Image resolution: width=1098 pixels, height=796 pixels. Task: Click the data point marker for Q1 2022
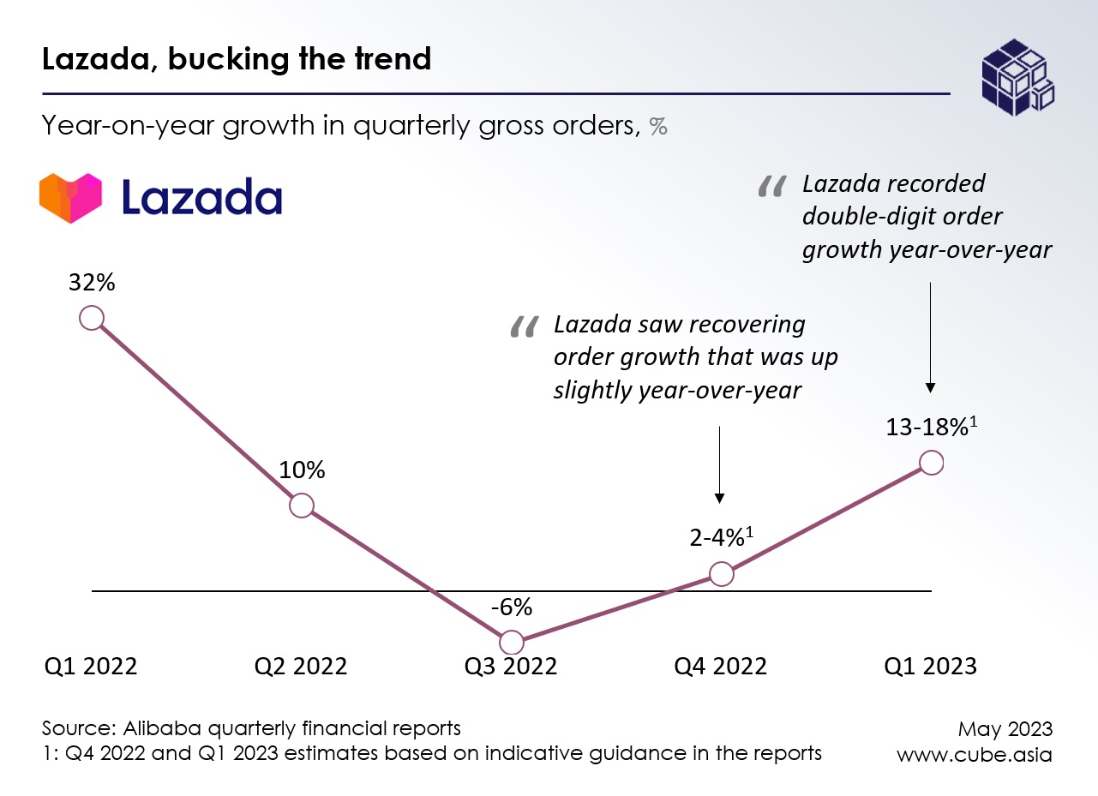(x=92, y=318)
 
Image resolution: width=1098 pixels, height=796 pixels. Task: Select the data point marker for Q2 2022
(x=301, y=506)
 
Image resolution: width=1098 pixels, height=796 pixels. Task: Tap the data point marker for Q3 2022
(x=511, y=642)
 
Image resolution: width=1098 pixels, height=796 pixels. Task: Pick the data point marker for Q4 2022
(x=722, y=574)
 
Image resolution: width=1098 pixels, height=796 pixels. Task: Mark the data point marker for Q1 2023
(x=931, y=463)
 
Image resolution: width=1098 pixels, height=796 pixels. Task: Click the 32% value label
(x=92, y=284)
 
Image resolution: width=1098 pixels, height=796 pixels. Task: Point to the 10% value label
(x=302, y=470)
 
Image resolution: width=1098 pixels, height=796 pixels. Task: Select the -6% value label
(x=512, y=607)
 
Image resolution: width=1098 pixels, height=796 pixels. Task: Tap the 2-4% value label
(x=718, y=539)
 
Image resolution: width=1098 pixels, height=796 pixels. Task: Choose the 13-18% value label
(x=928, y=428)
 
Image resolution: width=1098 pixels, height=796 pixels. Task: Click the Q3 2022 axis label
(x=511, y=667)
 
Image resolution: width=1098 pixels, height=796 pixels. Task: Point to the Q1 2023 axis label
(x=931, y=667)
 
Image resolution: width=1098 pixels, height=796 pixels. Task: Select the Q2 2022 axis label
(x=301, y=667)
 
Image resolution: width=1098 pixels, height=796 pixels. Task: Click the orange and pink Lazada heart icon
(x=70, y=198)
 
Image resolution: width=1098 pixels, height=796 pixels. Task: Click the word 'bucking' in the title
(x=218, y=60)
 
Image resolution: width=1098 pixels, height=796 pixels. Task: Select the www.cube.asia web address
(x=975, y=755)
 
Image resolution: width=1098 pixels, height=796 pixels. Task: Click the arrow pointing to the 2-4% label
(x=720, y=463)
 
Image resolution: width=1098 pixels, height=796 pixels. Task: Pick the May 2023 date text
(x=1005, y=729)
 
